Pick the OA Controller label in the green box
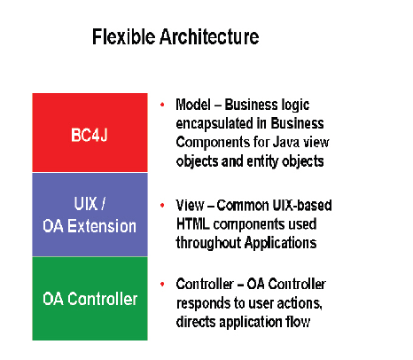pyautogui.click(x=90, y=299)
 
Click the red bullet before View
pyautogui.click(x=162, y=204)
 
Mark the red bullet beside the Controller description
pyautogui.click(x=162, y=284)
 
